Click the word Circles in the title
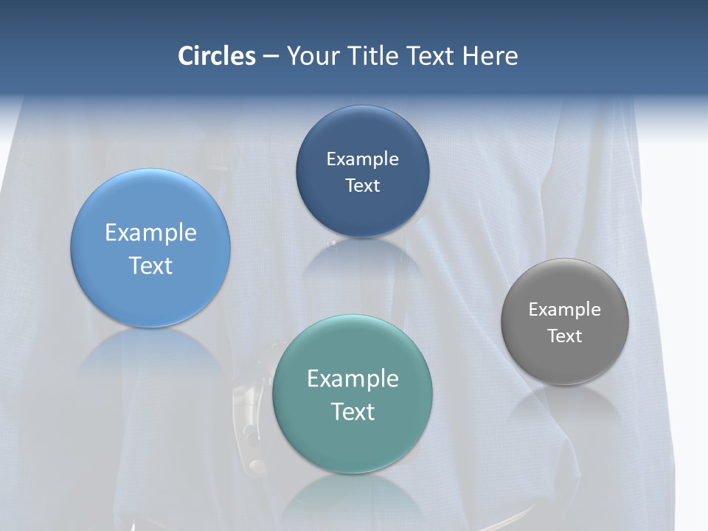[x=217, y=56]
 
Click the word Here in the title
[x=490, y=56]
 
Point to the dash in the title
[x=271, y=57]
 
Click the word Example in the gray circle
[x=565, y=309]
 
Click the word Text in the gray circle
[x=565, y=336]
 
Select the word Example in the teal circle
[x=353, y=378]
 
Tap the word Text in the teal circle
[x=353, y=411]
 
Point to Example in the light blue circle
[x=150, y=232]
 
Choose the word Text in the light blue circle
[x=150, y=265]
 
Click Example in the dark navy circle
[x=362, y=159]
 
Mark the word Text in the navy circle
[x=362, y=185]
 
